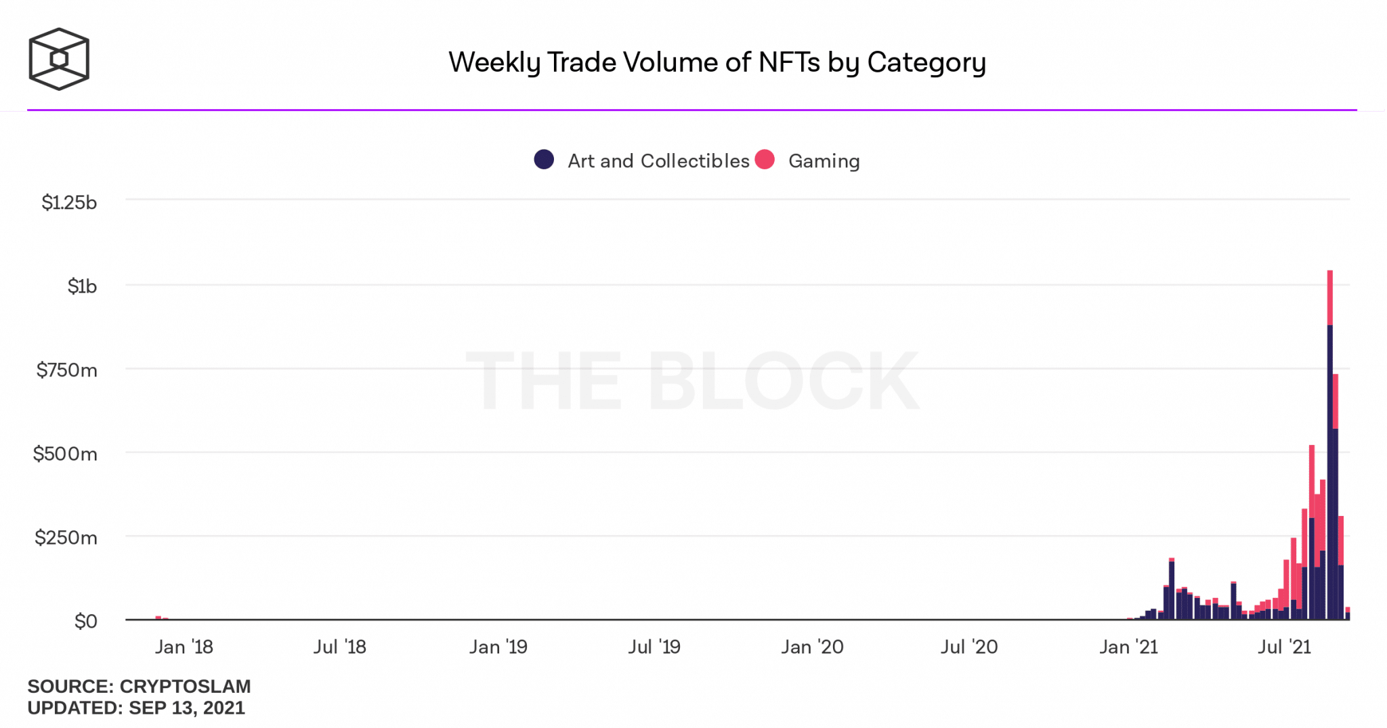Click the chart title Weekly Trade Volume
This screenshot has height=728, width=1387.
coord(717,62)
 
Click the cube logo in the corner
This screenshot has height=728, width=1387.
coord(59,59)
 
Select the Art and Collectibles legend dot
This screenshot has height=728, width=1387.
coord(544,160)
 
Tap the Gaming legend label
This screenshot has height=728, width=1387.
coord(824,161)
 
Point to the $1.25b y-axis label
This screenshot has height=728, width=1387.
coord(69,202)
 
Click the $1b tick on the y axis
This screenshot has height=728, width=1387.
coord(82,286)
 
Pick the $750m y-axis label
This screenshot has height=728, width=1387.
coord(67,370)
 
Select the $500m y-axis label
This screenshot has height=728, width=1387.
coord(66,454)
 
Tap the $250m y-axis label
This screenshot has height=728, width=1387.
coord(66,538)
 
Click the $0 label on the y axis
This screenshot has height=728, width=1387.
coord(86,621)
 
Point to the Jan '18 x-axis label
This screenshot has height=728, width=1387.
coord(184,647)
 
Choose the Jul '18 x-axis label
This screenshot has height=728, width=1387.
coord(339,647)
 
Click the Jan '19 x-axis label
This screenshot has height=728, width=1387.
coord(498,647)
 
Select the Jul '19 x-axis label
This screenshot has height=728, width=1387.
coord(654,647)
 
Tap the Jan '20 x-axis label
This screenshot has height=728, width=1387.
coord(812,647)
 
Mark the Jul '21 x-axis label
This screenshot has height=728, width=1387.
coord(1284,647)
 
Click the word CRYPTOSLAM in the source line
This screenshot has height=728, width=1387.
coord(185,686)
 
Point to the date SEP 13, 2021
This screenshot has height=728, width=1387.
coord(187,708)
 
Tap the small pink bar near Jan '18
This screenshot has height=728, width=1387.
coord(158,617)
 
